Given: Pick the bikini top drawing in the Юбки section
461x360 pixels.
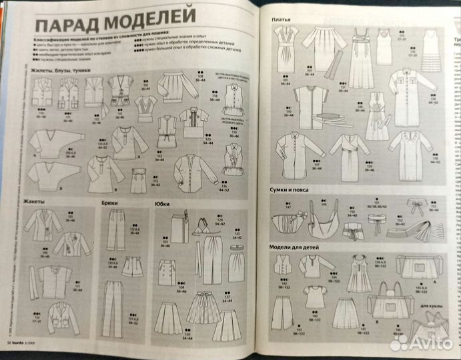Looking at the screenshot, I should (199, 231).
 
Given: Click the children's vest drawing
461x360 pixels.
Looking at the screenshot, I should (286, 264).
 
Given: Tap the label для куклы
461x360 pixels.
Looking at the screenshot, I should (431, 307).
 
